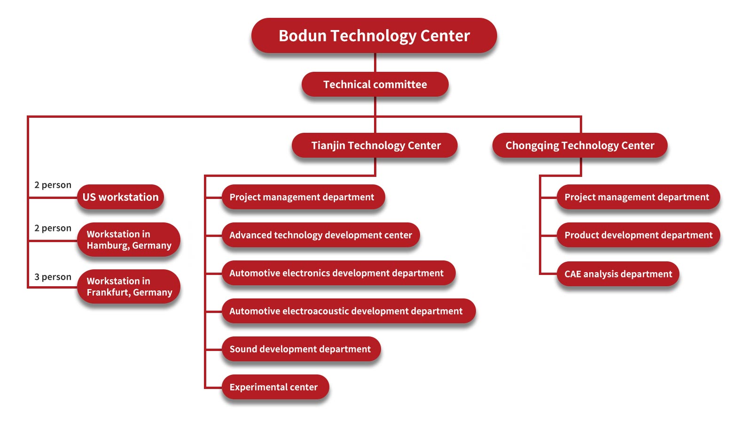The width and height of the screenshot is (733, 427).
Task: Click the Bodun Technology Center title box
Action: pos(374,36)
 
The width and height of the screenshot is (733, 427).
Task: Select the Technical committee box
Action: pos(375,84)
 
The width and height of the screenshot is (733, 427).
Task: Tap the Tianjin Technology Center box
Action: pos(375,145)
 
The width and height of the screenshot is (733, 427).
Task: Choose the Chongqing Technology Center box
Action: pos(580,145)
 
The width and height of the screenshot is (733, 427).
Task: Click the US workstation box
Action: pos(121,197)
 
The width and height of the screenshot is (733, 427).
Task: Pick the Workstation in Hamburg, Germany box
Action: pos(129,240)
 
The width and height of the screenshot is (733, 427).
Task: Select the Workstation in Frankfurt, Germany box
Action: pos(129,287)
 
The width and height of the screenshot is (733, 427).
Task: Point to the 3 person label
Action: pos(53,277)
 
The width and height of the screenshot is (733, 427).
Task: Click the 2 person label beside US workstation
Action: pos(53,185)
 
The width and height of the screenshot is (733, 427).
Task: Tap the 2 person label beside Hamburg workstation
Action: pos(53,228)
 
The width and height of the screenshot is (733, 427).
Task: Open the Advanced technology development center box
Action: pos(320,235)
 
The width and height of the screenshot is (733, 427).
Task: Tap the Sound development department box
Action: pos(301,349)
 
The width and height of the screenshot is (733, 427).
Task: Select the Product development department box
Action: pos(638,235)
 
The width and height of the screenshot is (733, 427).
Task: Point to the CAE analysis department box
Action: pos(618,274)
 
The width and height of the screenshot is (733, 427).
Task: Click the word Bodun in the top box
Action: pos(302,36)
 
